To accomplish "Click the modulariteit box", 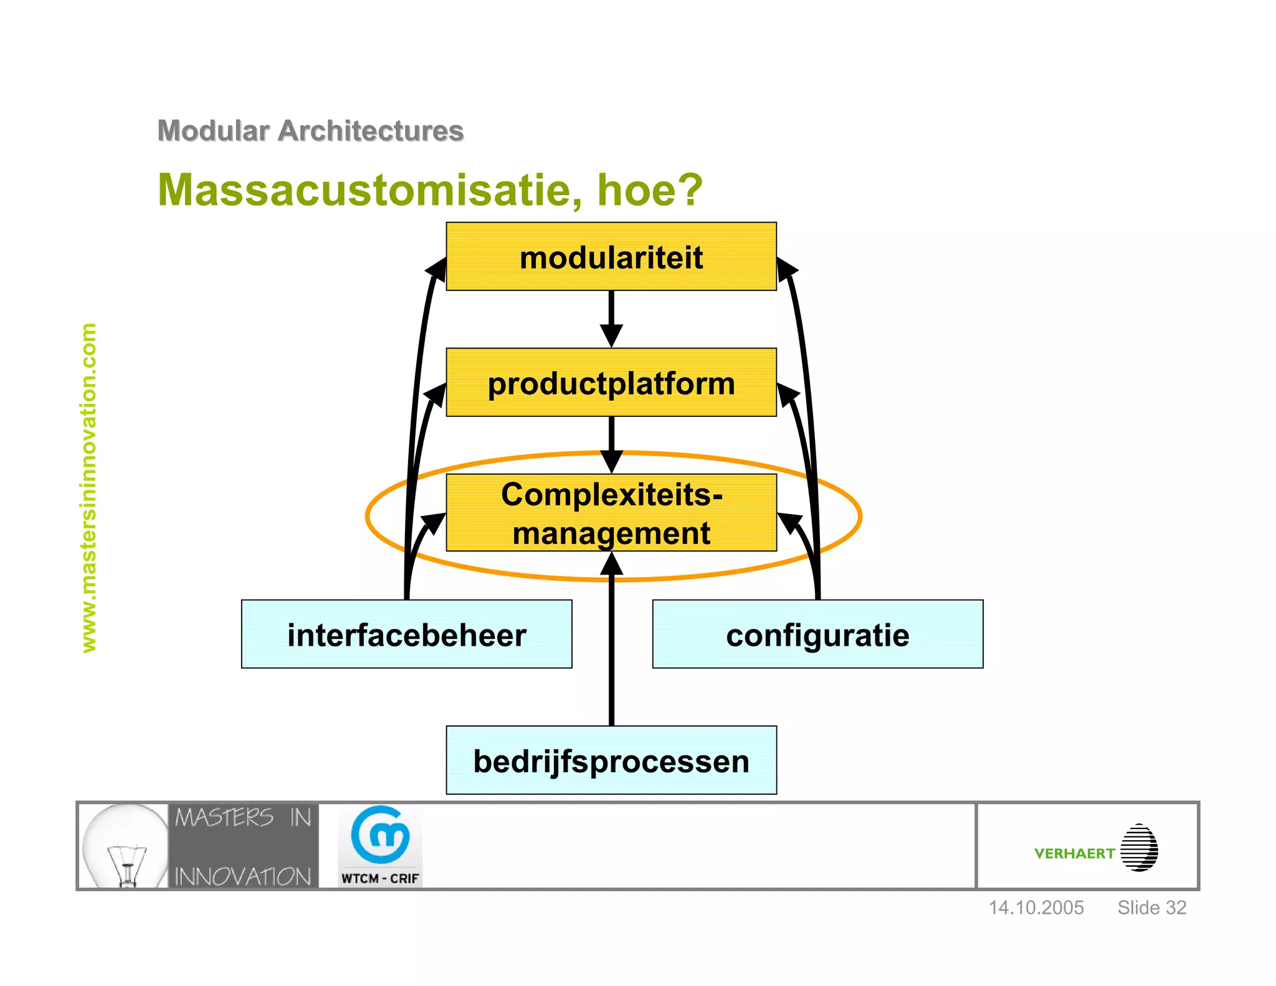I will point(611,257).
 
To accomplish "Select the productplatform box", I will point(611,383).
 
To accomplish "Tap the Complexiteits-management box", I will point(611,513).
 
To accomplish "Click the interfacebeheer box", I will point(406,634).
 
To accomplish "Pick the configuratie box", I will point(817,634).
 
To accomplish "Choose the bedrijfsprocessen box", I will point(611,760).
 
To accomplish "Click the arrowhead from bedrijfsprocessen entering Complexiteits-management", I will point(611,565).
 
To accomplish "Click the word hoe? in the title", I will point(650,190).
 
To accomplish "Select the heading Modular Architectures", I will point(310,131).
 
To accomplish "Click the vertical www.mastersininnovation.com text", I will point(89,487).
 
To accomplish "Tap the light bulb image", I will point(125,846).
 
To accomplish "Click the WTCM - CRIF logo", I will point(380,846).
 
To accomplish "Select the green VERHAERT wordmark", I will point(1074,853).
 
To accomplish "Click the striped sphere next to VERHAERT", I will point(1139,848).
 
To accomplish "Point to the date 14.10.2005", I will point(1036,907).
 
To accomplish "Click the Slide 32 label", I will point(1151,907).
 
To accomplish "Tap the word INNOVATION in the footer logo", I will point(242,876).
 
